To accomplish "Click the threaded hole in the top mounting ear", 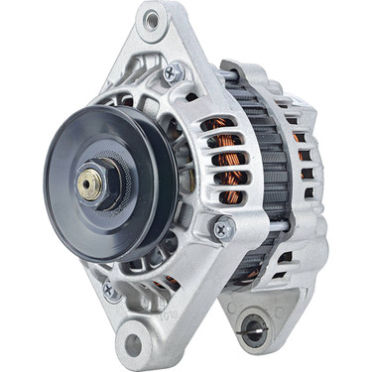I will pos(151,19).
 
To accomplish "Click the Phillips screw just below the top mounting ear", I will pos(175,71).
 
